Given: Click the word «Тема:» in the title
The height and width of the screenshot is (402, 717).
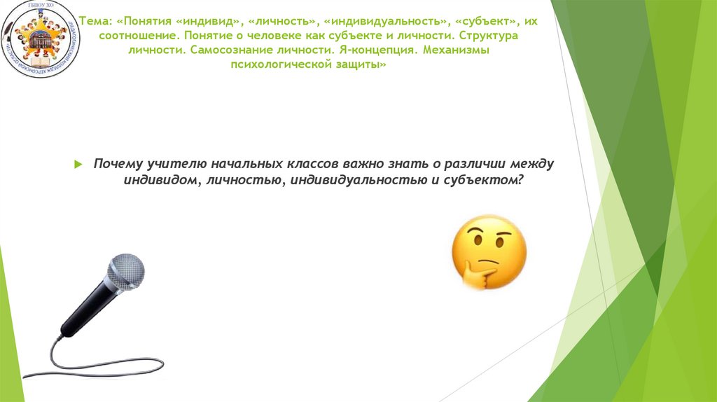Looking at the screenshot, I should [92, 20].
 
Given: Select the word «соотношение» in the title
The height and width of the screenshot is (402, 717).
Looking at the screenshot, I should [132, 36].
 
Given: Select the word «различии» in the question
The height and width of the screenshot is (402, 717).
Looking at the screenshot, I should [480, 164].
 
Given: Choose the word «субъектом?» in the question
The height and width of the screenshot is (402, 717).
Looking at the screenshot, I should [487, 179].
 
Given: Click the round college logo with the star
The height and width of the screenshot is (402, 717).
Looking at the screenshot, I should [41, 39].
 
